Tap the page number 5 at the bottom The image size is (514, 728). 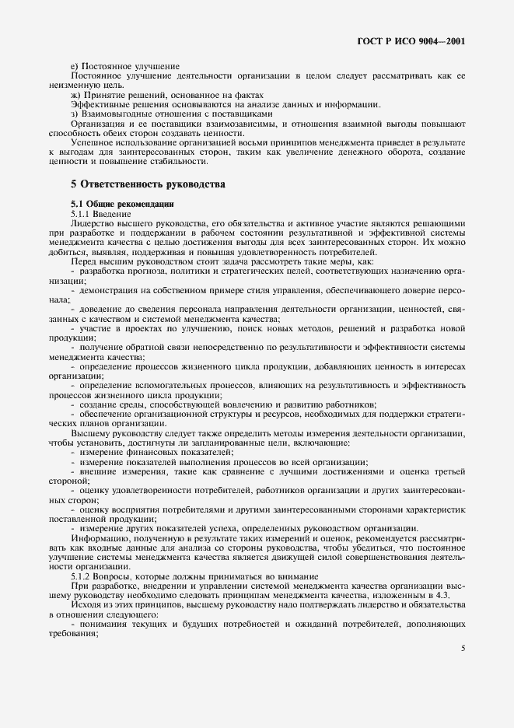(463, 648)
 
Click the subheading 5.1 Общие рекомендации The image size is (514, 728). (114, 204)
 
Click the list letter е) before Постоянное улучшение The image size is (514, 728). (75, 67)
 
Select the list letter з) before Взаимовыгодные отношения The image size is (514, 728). (75, 114)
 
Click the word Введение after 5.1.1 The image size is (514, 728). (115, 213)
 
